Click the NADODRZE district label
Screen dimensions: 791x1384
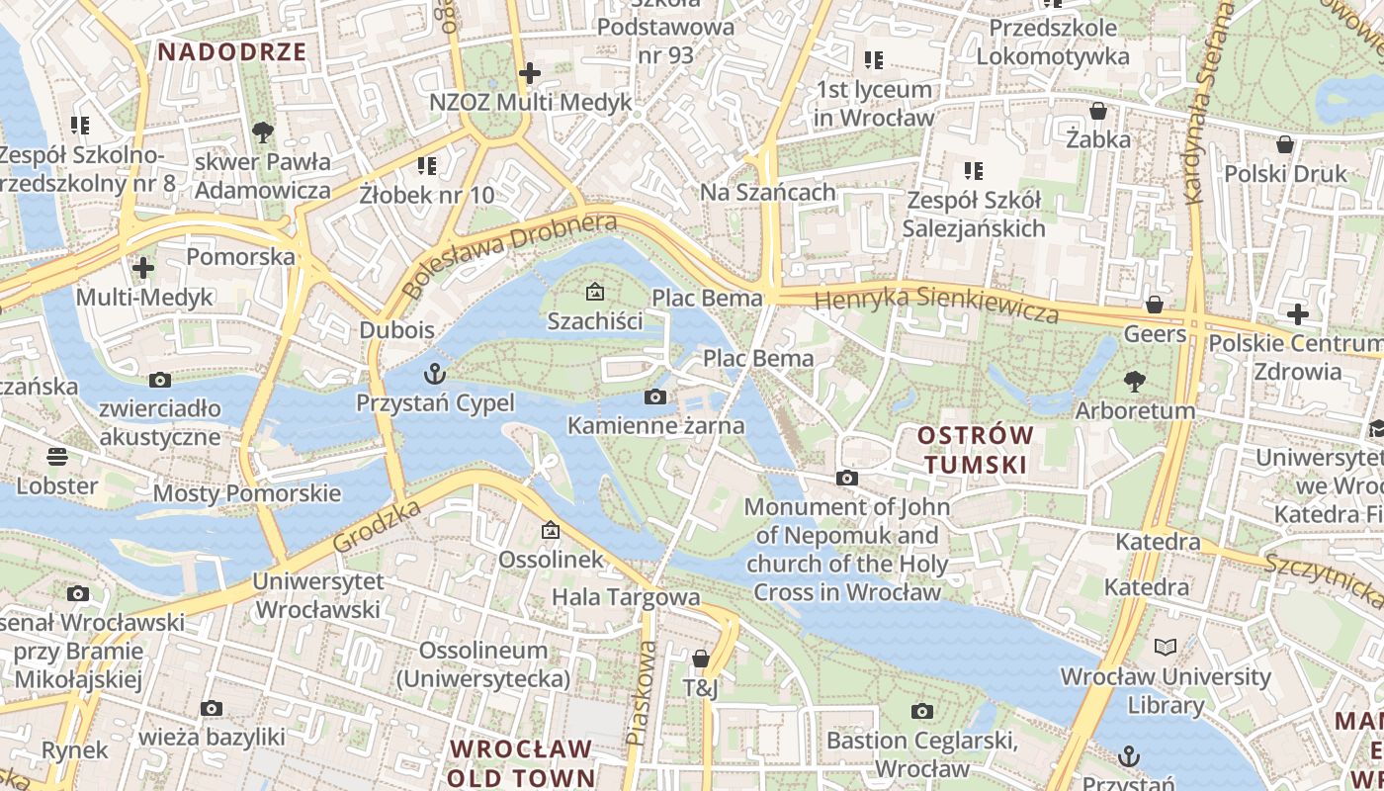[232, 52]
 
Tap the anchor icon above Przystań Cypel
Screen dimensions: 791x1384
[434, 374]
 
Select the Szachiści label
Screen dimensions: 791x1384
[595, 320]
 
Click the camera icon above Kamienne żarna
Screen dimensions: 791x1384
[654, 397]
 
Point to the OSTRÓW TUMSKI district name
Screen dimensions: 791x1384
[975, 449]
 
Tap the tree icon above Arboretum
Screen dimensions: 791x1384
[1135, 381]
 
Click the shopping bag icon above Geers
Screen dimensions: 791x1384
[1154, 305]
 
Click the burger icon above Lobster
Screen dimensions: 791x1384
[57, 457]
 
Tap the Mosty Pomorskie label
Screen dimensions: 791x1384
[247, 493]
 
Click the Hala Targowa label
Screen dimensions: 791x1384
[626, 597]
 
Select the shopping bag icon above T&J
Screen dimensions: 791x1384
[701, 659]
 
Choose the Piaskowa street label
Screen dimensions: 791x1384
[642, 693]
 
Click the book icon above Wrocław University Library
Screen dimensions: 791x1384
[1166, 648]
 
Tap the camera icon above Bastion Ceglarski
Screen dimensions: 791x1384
[921, 711]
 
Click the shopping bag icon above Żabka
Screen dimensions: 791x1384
[1097, 110]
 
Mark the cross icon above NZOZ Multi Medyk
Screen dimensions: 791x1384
[530, 73]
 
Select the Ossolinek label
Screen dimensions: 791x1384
[551, 559]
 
